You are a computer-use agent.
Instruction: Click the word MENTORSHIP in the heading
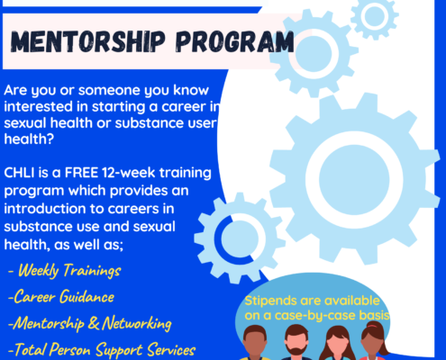point(87,41)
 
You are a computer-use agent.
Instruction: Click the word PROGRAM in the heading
point(235,41)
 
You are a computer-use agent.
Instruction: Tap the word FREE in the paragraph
point(81,173)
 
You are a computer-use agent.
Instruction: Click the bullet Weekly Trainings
point(65,270)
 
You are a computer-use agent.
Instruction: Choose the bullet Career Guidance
point(61,297)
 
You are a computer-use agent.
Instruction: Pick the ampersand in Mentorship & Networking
point(94,323)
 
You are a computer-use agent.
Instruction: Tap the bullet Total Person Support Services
point(102,349)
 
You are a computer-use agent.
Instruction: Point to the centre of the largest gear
point(354,179)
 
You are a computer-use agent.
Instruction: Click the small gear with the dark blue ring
point(240,238)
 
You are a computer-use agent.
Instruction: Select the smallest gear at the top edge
point(374,15)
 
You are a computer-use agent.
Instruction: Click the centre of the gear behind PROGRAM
point(314,53)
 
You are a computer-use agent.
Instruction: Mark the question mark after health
point(50,139)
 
